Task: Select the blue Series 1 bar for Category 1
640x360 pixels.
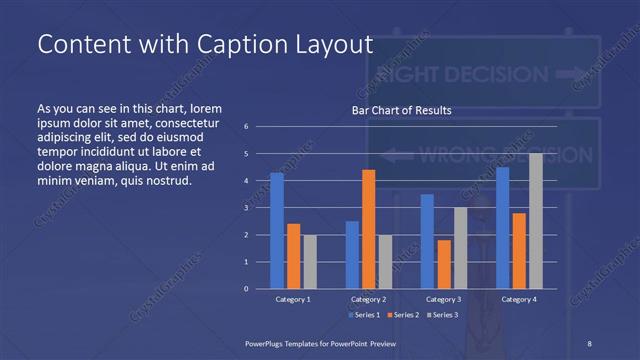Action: pyautogui.click(x=276, y=230)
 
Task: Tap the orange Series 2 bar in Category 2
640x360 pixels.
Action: pyautogui.click(x=368, y=229)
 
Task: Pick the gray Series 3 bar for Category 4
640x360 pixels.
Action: pyautogui.click(x=535, y=221)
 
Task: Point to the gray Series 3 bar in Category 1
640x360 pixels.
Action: pyautogui.click(x=309, y=261)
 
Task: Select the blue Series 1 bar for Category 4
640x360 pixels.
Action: pyautogui.click(x=502, y=227)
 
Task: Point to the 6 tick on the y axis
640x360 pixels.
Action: pyautogui.click(x=247, y=127)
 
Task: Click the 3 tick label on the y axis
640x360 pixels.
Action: pyautogui.click(x=247, y=208)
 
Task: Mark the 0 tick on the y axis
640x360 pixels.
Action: pyautogui.click(x=247, y=289)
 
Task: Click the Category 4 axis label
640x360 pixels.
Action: pyautogui.click(x=518, y=299)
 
